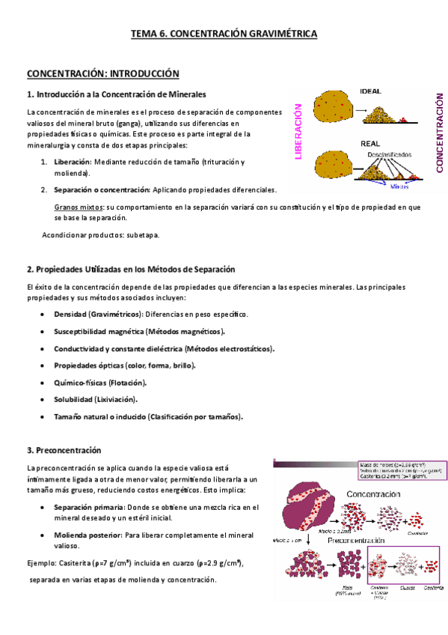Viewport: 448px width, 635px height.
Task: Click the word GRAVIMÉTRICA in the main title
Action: pyautogui.click(x=277, y=34)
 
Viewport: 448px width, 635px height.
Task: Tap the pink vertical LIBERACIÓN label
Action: pyautogui.click(x=298, y=132)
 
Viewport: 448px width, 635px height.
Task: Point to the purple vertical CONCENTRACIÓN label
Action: pyautogui.click(x=439, y=133)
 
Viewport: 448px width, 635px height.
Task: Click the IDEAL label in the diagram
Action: pyautogui.click(x=371, y=91)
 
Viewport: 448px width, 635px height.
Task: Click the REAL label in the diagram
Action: pyautogui.click(x=371, y=142)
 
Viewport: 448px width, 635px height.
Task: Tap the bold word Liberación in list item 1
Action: pyautogui.click(x=73, y=162)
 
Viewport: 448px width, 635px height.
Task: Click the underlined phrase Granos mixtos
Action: pyautogui.click(x=79, y=207)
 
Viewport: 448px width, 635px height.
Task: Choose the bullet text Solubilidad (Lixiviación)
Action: pyautogui.click(x=95, y=400)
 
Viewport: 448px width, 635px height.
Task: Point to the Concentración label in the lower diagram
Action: pyautogui.click(x=377, y=495)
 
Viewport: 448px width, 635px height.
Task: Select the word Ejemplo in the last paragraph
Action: pyautogui.click(x=42, y=562)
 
